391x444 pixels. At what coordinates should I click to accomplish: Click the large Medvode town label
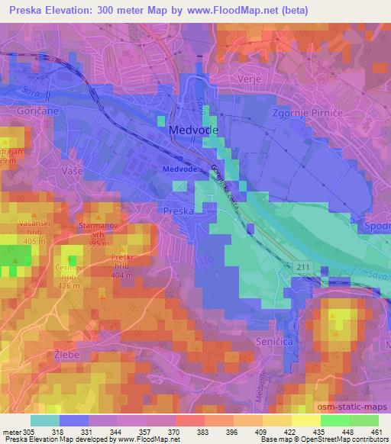pos(193,130)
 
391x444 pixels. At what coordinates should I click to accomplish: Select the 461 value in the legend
pos(377,431)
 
